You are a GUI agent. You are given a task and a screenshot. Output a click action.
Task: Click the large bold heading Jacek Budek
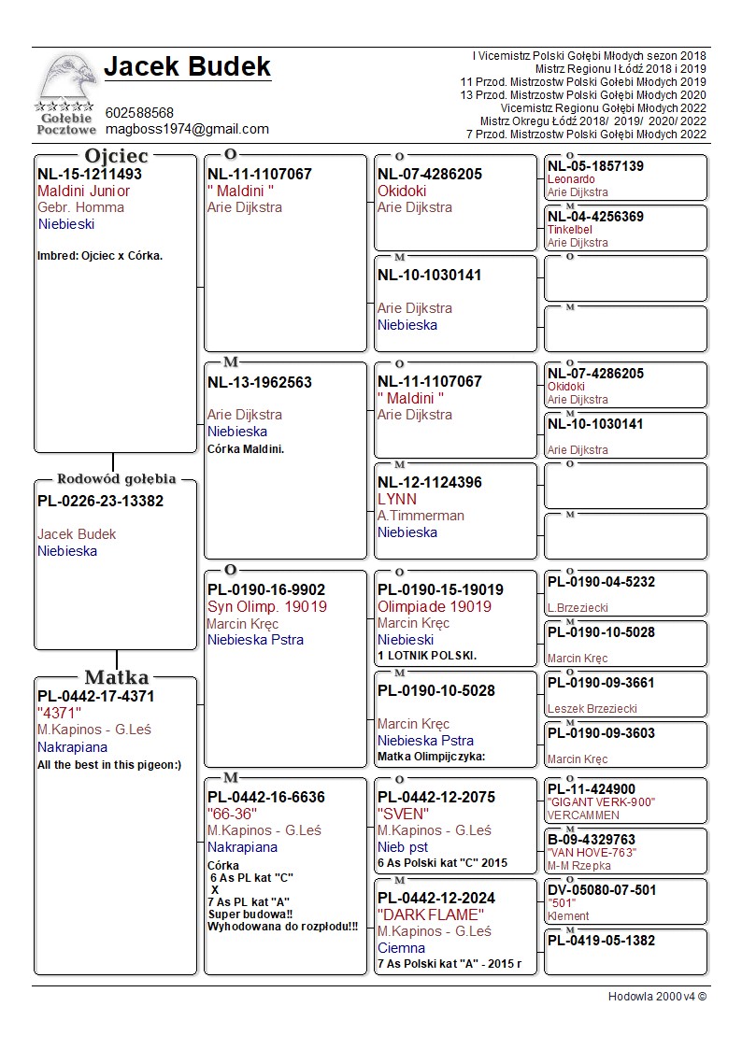pos(187,67)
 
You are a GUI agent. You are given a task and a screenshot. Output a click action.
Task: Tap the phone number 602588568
pos(139,113)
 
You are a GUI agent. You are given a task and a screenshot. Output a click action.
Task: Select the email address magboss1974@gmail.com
pos(187,129)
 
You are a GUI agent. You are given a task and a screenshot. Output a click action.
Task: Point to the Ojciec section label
pos(116,155)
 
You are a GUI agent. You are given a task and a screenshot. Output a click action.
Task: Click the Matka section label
pos(116,677)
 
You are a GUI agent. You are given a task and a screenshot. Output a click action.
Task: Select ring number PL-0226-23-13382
pos(100,502)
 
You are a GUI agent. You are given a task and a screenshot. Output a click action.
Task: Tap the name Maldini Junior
pos(83,191)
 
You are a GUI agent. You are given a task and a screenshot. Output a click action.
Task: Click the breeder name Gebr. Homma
pos(80,207)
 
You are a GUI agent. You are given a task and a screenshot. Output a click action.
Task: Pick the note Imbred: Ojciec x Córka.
pos(100,256)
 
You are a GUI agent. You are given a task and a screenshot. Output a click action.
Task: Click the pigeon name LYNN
pos(397,499)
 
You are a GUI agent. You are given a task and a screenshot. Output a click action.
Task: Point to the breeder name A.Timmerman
pos(421,516)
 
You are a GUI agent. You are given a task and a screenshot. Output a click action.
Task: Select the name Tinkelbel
pos(570,230)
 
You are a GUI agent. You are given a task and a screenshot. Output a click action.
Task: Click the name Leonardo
pos(571,179)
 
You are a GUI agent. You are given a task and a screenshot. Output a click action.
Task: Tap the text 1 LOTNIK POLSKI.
pos(427,656)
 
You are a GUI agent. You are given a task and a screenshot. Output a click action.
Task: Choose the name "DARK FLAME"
pos(431,914)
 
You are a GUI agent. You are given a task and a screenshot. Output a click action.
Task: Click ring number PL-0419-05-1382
pos(601,941)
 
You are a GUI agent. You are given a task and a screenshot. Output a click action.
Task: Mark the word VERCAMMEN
pos(577,815)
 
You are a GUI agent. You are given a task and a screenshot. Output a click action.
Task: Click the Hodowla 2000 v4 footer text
pos(657,997)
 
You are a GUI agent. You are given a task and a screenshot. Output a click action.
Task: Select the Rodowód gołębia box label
pos(116,479)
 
